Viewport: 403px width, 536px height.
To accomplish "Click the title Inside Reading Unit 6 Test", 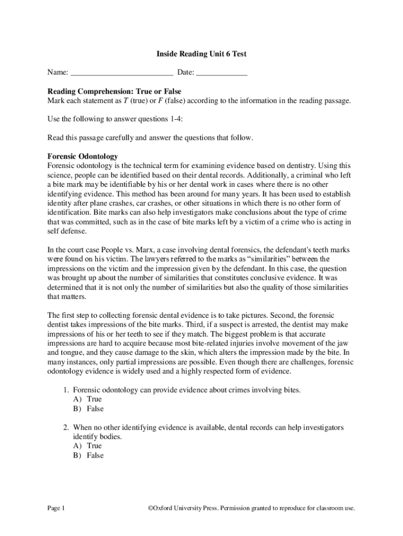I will click(x=201, y=54).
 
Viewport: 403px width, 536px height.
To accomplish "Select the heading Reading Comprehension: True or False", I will click(x=114, y=91).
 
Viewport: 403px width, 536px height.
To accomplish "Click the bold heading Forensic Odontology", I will click(x=83, y=156).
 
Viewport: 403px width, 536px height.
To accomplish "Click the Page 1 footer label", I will click(x=56, y=508).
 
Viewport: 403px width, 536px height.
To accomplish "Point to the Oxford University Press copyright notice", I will click(x=251, y=508).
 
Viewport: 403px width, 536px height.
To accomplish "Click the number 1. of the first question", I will click(x=66, y=390).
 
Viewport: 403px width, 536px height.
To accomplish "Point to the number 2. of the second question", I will click(x=66, y=428).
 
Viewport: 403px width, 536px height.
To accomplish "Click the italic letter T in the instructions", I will click(x=126, y=100).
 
